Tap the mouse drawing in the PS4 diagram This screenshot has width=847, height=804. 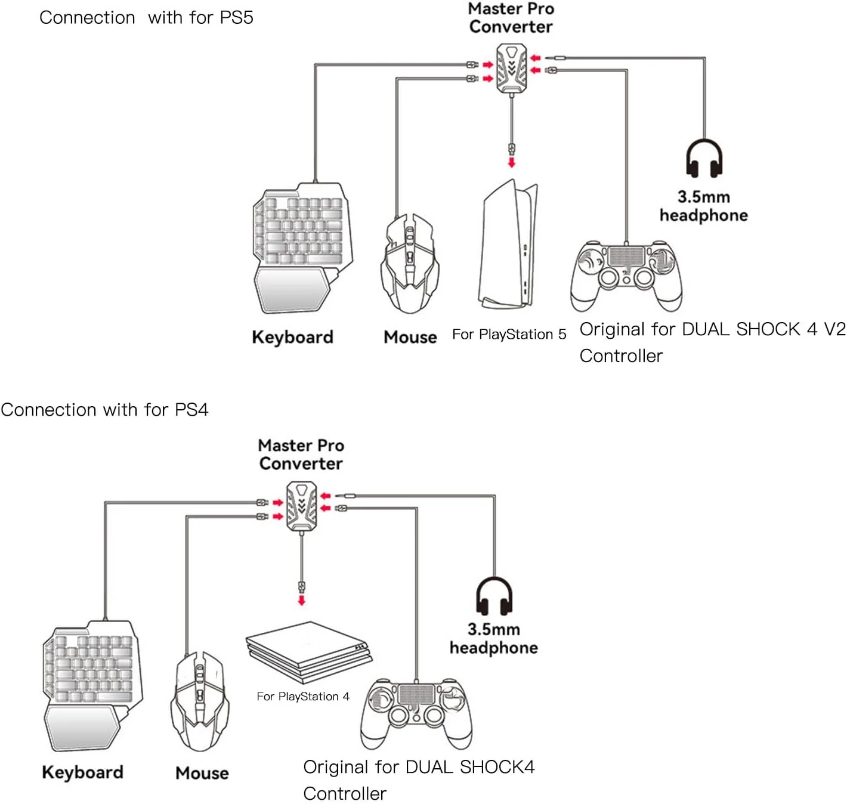click(200, 701)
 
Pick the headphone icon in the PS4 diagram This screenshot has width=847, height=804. click(494, 596)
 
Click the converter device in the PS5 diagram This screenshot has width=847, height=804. click(511, 69)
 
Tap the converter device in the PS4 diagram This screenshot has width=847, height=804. click(301, 506)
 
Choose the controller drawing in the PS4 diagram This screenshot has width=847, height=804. click(416, 713)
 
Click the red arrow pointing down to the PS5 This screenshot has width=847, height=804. click(511, 162)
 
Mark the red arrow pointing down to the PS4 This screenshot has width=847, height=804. click(302, 599)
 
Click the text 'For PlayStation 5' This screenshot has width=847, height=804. click(509, 334)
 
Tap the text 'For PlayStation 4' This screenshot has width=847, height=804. click(303, 696)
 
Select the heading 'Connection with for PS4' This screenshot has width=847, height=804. click(104, 410)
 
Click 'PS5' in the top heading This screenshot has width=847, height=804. click(236, 17)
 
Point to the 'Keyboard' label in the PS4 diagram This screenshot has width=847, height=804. click(82, 772)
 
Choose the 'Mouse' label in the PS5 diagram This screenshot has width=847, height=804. click(410, 337)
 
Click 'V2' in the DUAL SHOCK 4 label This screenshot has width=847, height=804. click(834, 329)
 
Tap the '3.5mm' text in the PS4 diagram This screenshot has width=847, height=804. click(493, 629)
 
